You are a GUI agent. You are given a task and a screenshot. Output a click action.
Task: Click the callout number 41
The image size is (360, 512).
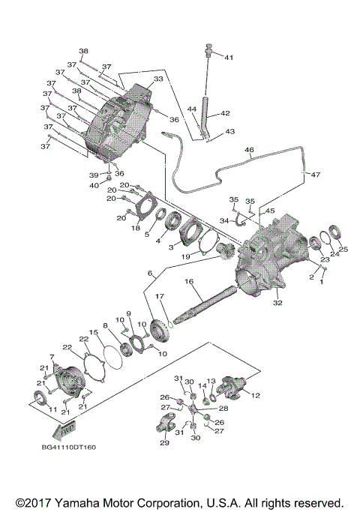(229, 58)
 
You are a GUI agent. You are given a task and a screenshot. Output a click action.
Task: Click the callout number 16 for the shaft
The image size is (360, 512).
(190, 281)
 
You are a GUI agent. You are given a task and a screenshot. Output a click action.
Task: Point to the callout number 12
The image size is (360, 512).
(256, 395)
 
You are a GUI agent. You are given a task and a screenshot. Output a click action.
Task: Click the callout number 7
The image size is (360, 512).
(52, 357)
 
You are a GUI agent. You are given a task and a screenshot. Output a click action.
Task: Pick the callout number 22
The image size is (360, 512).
(67, 346)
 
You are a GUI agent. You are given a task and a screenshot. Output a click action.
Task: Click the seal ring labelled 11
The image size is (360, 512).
(38, 397)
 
